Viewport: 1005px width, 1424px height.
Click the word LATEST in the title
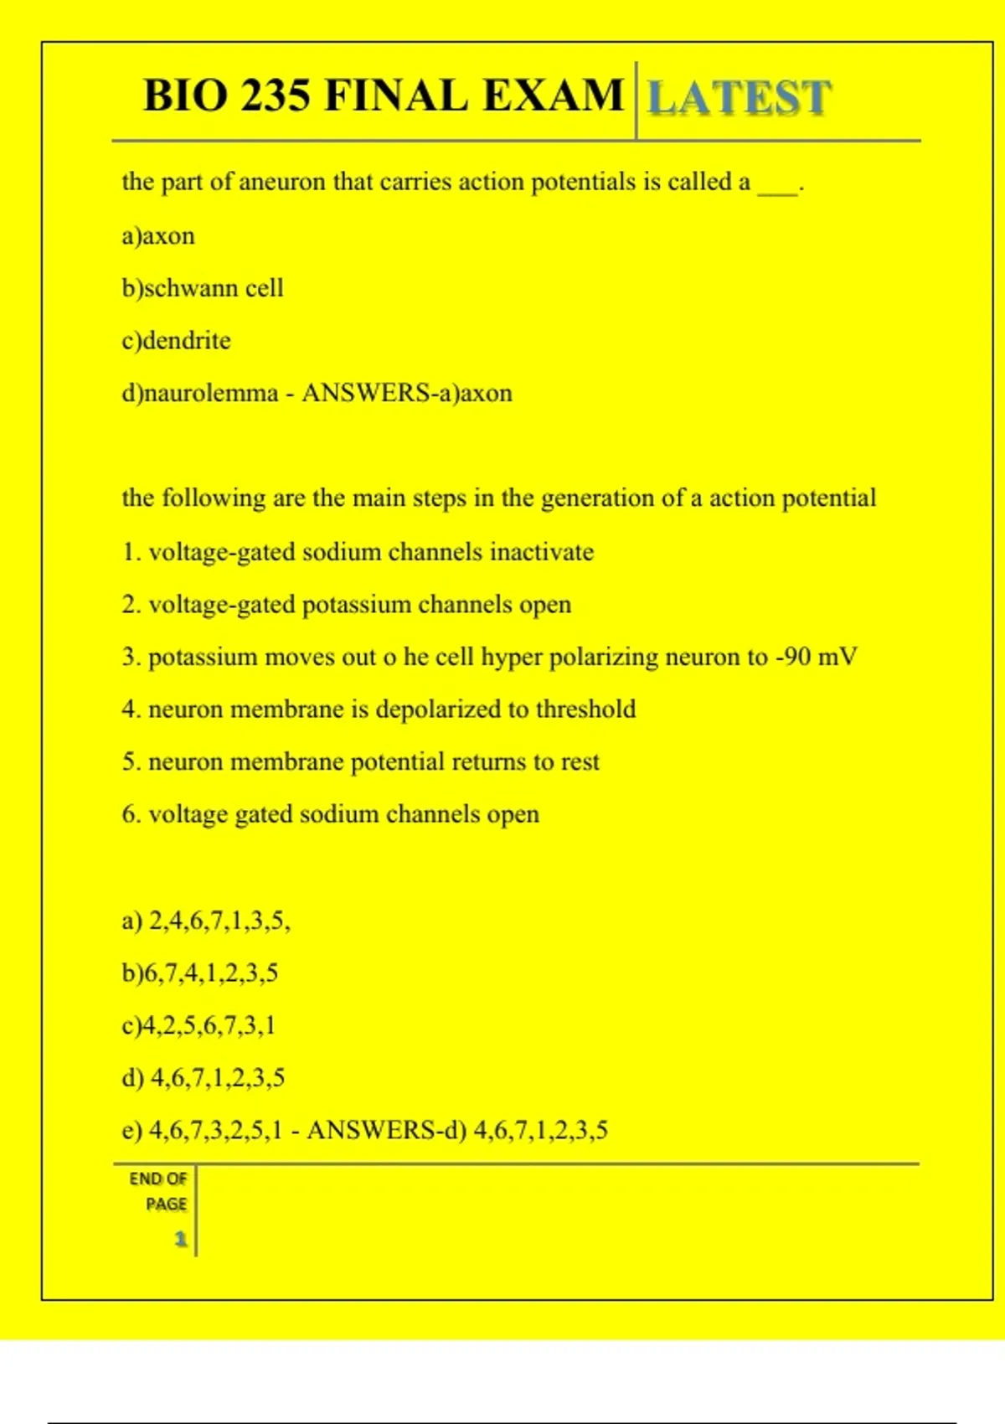pyautogui.click(x=739, y=97)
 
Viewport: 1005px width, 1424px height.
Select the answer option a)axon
pyautogui.click(x=158, y=236)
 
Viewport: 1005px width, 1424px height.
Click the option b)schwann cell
pyautogui.click(x=203, y=288)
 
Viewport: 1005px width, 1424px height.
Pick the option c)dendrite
pyautogui.click(x=176, y=341)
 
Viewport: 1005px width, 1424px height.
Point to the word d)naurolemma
pyautogui.click(x=200, y=393)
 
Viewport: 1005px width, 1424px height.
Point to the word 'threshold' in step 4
pyautogui.click(x=585, y=709)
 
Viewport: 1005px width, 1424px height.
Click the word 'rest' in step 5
pyautogui.click(x=580, y=762)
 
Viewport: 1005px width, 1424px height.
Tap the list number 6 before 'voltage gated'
pyautogui.click(x=130, y=814)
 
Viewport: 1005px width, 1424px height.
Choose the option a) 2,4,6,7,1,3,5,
pyautogui.click(x=206, y=921)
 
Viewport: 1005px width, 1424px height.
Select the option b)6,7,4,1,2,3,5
pyautogui.click(x=200, y=973)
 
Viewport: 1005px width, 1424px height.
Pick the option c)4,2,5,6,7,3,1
pyautogui.click(x=198, y=1026)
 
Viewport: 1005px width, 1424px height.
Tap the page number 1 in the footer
pyautogui.click(x=180, y=1239)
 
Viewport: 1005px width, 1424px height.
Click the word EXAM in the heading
pyautogui.click(x=553, y=95)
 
